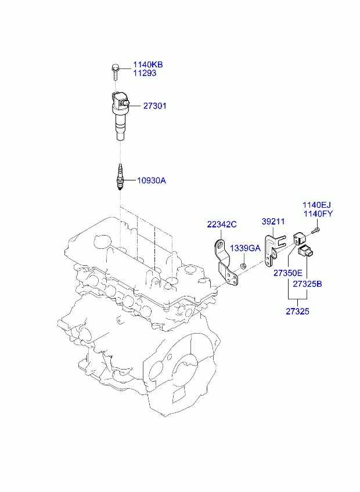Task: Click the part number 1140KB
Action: click(148, 64)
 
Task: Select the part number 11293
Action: click(145, 73)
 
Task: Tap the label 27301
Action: click(155, 106)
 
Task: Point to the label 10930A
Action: click(152, 180)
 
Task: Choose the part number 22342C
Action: click(222, 225)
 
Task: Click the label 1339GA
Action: click(246, 248)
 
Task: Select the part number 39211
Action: click(273, 221)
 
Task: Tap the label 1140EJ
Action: click(316, 205)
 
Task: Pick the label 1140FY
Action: click(318, 214)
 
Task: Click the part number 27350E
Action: click(288, 273)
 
